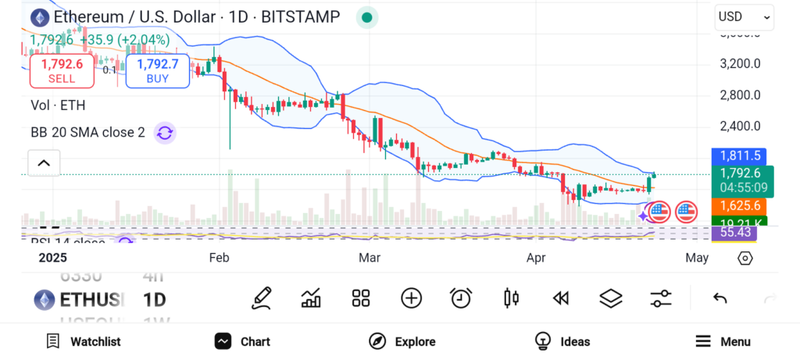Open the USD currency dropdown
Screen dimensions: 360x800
pyautogui.click(x=744, y=16)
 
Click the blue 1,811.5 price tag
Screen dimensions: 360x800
pyautogui.click(x=741, y=156)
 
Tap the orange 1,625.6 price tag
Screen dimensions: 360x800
pyautogui.click(x=741, y=205)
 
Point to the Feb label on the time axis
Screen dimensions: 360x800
pyautogui.click(x=219, y=257)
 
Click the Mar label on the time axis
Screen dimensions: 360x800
pyautogui.click(x=370, y=257)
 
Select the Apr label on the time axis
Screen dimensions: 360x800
pyautogui.click(x=536, y=257)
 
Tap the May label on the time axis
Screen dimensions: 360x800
pyautogui.click(x=696, y=257)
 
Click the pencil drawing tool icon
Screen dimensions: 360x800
pyautogui.click(x=262, y=298)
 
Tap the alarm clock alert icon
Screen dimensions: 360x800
pyautogui.click(x=461, y=298)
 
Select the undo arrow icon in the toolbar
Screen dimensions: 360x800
pyautogui.click(x=720, y=298)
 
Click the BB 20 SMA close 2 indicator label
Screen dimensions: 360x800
pyautogui.click(x=87, y=133)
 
